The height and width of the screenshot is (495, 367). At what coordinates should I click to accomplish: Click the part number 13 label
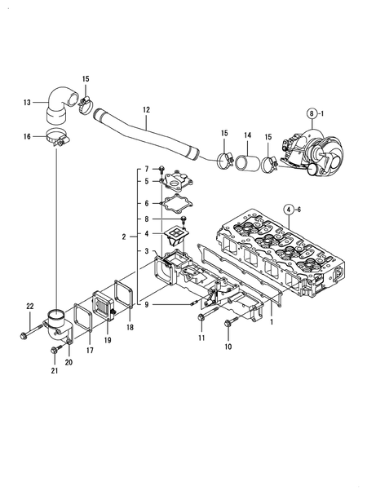27,102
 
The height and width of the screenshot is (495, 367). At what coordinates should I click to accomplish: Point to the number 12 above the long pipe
146,108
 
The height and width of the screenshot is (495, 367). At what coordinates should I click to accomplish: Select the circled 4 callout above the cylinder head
289,210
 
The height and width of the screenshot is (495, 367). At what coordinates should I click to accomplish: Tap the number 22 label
29,306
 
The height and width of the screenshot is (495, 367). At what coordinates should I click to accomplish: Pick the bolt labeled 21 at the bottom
55,352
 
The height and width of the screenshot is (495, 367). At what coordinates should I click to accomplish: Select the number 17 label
89,351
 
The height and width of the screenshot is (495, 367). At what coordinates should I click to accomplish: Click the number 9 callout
147,305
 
